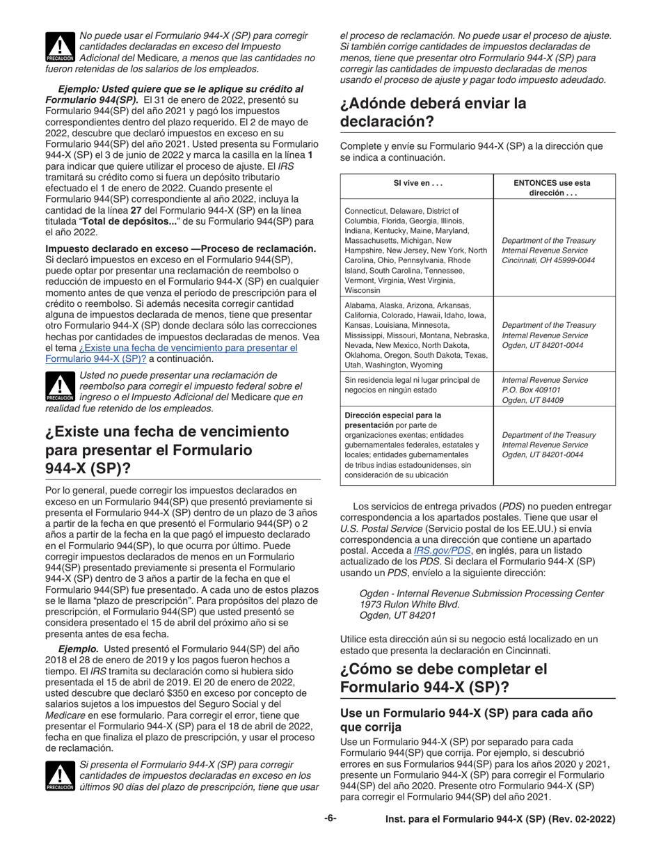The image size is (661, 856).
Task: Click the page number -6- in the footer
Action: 330,818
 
